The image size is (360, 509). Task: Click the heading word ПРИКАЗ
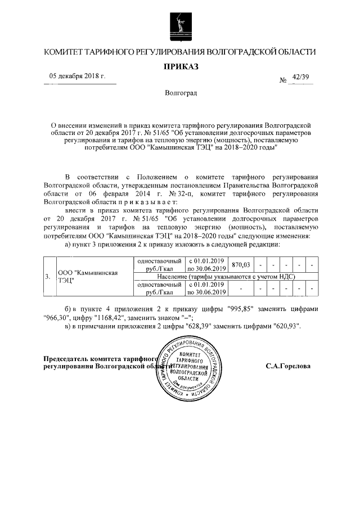[180, 66]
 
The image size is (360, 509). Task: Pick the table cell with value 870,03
[240, 264]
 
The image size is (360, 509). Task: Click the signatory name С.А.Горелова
[287, 365]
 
